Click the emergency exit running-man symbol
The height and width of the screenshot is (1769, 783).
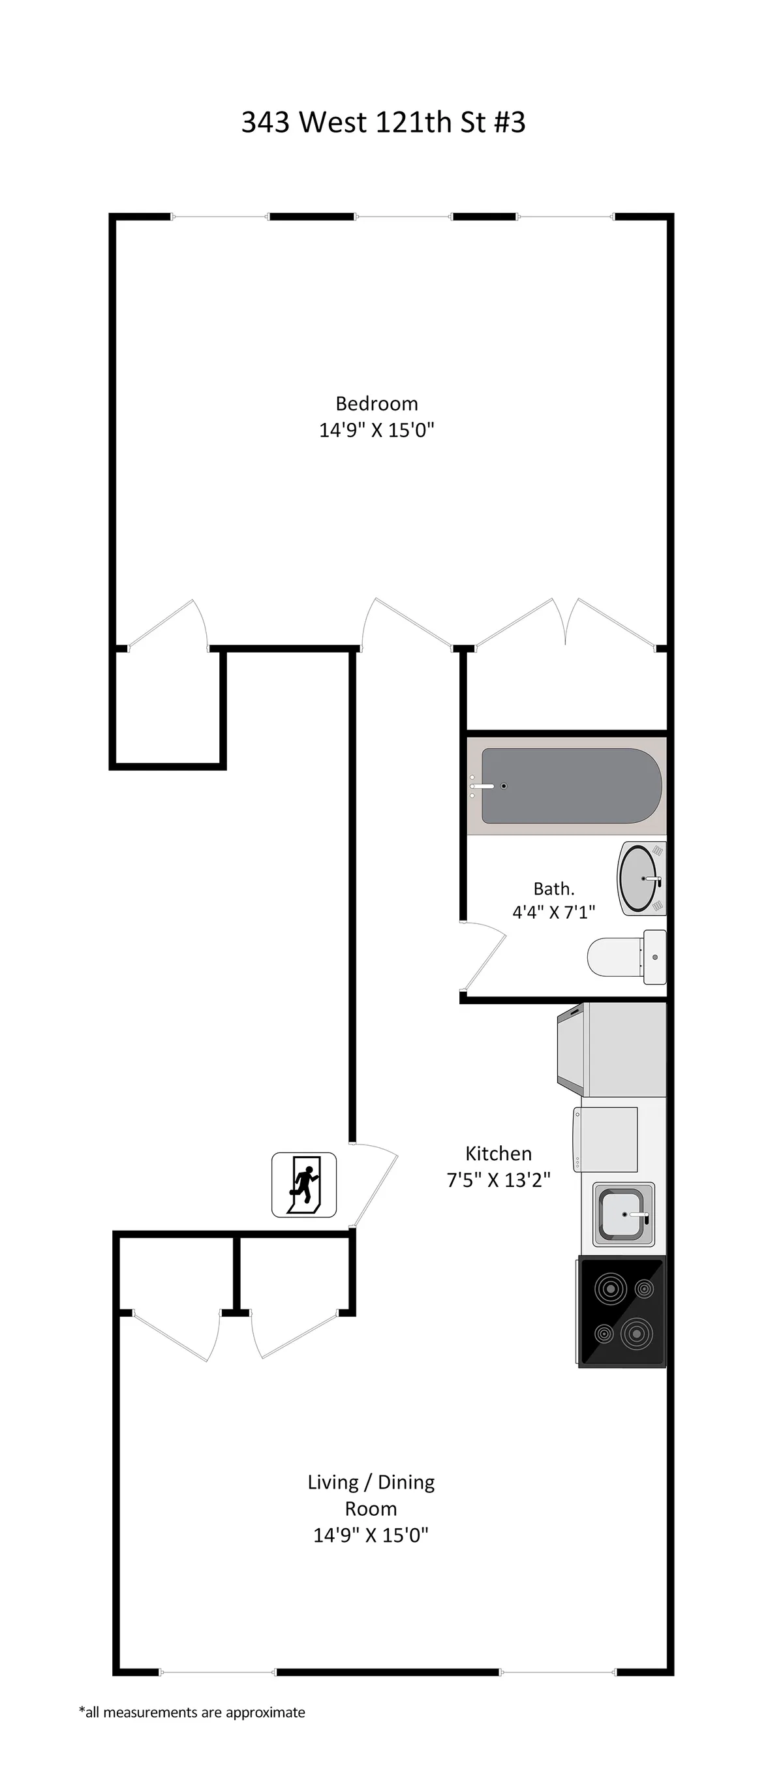[x=303, y=1184]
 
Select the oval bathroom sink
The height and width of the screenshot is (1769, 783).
[x=641, y=878]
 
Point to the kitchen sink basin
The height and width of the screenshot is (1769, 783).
[x=624, y=1214]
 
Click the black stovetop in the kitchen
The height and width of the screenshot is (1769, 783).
[x=622, y=1311]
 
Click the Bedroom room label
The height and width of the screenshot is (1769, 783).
[x=376, y=403]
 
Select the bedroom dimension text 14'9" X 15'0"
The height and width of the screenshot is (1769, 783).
[x=376, y=430]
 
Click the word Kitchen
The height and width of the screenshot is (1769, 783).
[x=499, y=1153]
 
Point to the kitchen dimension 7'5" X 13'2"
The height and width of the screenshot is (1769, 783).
[x=499, y=1180]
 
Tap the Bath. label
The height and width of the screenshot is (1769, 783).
[x=553, y=889]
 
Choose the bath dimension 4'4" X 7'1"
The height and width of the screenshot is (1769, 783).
[x=553, y=912]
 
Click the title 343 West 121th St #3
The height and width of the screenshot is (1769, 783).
[x=383, y=122]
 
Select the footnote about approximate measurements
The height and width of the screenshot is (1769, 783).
[x=192, y=1712]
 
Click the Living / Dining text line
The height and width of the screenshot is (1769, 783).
[x=371, y=1482]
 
